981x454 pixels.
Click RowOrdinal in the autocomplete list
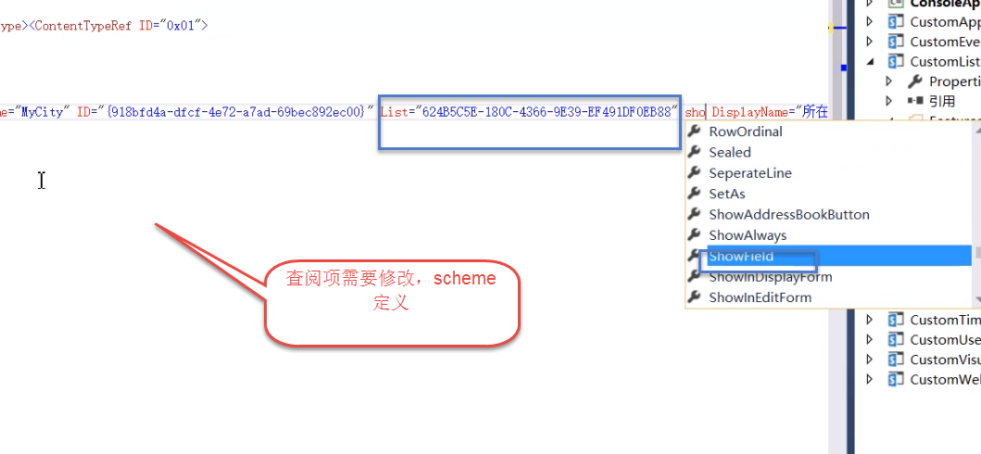[745, 132]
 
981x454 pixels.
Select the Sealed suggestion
[730, 152]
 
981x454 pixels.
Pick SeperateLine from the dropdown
[749, 173]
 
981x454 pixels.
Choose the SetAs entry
[726, 194]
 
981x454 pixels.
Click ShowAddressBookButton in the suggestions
[788, 215]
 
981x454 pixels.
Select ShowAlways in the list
[747, 235]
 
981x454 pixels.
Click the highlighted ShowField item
[741, 256]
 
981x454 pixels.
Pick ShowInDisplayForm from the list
[770, 277]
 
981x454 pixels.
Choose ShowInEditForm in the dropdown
[760, 297]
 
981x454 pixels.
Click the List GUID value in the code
[547, 112]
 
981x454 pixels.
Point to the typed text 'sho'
[695, 112]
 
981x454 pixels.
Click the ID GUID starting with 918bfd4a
[236, 112]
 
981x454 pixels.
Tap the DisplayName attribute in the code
[748, 112]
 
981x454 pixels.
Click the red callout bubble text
[390, 290]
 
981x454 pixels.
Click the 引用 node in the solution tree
[942, 101]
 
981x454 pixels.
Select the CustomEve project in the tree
[944, 42]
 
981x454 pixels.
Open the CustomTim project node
[944, 320]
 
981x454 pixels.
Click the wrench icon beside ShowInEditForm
[695, 297]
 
